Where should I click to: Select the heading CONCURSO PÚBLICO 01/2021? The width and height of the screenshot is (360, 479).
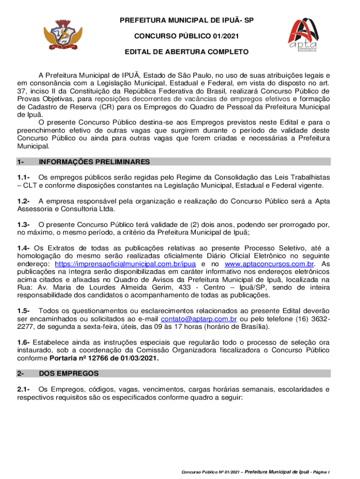[180, 36]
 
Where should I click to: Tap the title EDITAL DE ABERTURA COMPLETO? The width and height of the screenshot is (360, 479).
[180, 52]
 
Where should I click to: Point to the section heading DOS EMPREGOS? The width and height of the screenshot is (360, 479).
[69, 373]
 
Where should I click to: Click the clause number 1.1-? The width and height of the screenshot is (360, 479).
[24, 177]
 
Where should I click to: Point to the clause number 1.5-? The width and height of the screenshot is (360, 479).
[24, 311]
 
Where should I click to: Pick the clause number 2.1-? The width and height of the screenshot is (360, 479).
[24, 389]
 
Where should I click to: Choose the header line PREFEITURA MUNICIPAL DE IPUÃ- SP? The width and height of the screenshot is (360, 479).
[180, 21]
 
